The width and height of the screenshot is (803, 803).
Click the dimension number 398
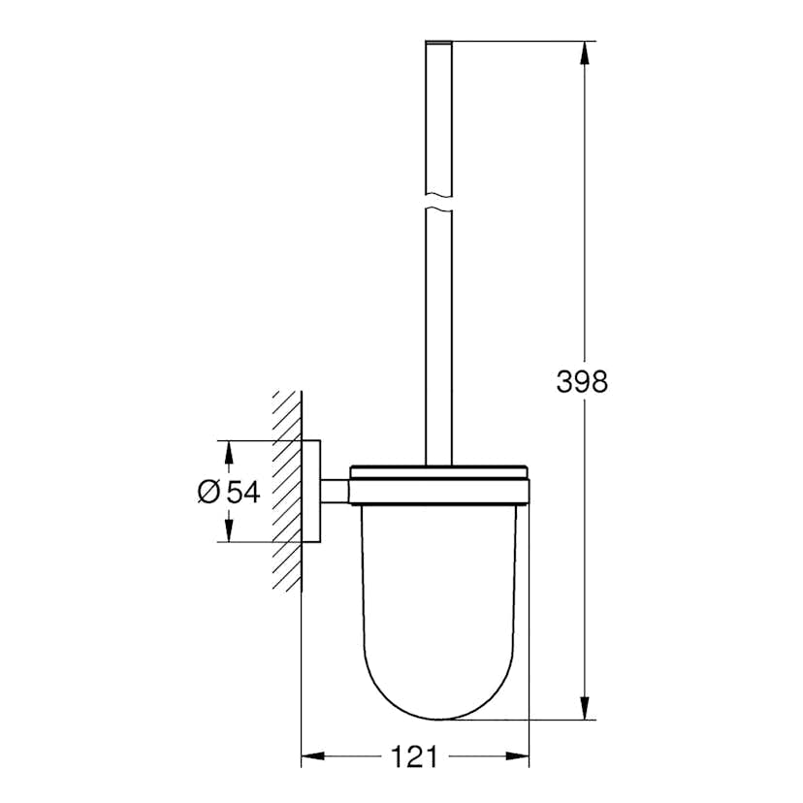582,382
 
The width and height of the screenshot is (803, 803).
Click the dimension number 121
415,755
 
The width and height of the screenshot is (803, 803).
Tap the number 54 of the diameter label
243,492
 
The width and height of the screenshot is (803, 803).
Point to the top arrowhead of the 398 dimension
584,51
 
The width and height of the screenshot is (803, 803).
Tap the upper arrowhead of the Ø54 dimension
229,453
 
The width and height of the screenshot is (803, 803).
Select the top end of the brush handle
439,44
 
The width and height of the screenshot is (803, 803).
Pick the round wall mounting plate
311,492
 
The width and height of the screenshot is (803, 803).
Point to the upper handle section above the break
439,116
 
